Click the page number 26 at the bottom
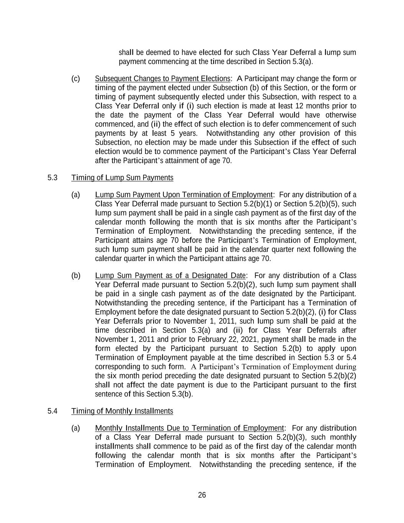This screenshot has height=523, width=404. pos(202,495)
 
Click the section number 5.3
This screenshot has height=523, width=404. pos(52,178)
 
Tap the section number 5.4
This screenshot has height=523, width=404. pos(52,411)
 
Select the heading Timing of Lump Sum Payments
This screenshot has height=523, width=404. pos(122,178)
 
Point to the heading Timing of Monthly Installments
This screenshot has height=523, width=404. pos(122,411)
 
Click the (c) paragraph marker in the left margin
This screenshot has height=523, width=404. pos(75,79)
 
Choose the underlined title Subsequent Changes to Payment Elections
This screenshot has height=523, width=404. pos(163,79)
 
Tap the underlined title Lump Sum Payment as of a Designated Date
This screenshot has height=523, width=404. pos(170,275)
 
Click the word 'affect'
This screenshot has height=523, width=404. pos(138,385)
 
